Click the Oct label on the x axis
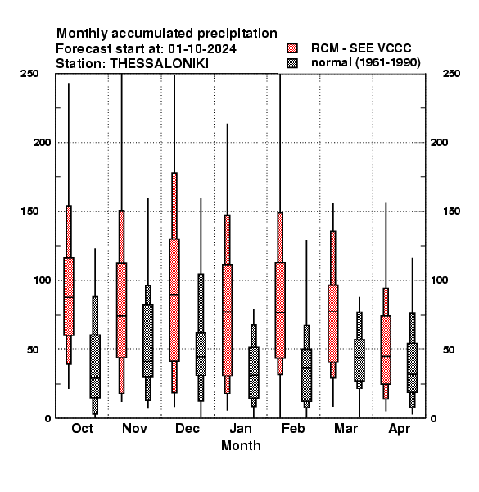(x=82, y=428)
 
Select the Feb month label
(x=293, y=428)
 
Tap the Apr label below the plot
(x=399, y=429)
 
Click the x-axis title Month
(x=241, y=445)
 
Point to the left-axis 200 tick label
(x=42, y=143)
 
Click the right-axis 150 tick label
(x=451, y=212)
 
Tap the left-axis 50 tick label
(x=33, y=349)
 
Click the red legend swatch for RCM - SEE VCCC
(x=292, y=48)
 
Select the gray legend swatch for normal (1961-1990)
(x=292, y=63)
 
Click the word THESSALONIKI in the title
(x=159, y=64)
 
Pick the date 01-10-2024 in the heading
(x=202, y=48)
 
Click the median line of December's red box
(x=174, y=294)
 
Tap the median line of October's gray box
(x=95, y=378)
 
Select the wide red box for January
(x=227, y=320)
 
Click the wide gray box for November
(x=148, y=341)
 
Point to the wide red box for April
(x=386, y=349)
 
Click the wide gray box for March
(x=359, y=360)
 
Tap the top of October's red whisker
(x=69, y=83)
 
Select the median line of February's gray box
(x=306, y=367)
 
